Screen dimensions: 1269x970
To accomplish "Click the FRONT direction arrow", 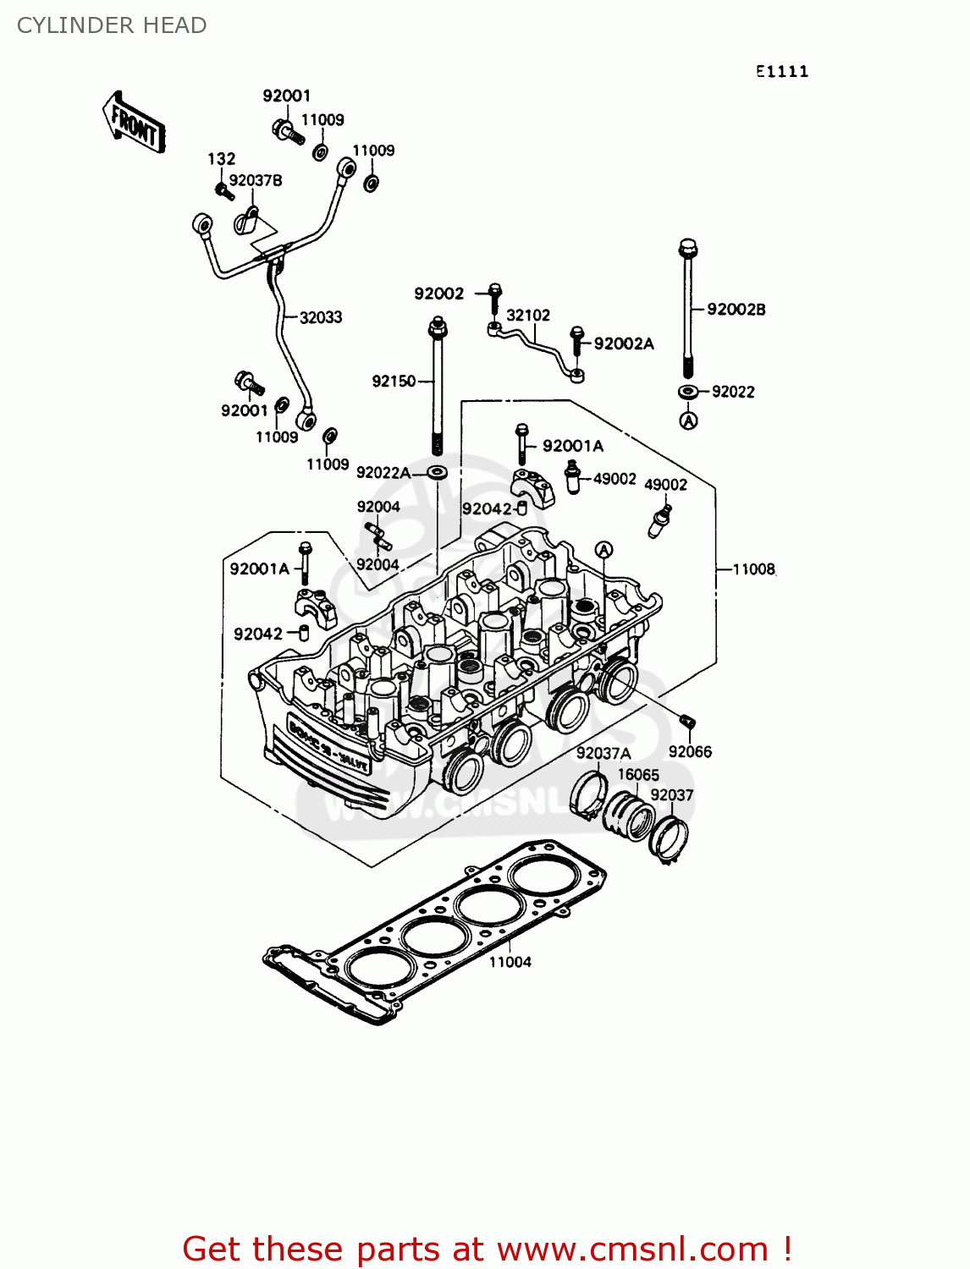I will (134, 123).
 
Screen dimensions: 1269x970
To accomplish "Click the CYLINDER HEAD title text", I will (112, 25).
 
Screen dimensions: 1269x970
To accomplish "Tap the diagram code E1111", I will (782, 72).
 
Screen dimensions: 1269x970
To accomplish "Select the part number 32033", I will (321, 317).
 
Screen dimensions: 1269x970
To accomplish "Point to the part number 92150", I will (394, 382).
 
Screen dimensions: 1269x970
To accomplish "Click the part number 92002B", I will (736, 310).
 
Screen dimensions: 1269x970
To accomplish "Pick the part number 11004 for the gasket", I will (510, 962).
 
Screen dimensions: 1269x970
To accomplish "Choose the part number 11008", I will (753, 569).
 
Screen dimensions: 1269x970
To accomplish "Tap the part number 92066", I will (690, 752).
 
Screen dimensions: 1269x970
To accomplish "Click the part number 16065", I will (638, 775).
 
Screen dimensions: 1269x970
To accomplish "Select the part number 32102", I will (528, 316).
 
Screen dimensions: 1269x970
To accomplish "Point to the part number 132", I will (222, 159).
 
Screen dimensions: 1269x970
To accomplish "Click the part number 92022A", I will (383, 473).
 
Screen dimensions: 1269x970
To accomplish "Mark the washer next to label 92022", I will (689, 392).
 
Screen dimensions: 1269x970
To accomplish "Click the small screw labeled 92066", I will (687, 721).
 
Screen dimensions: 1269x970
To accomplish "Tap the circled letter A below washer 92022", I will (689, 420).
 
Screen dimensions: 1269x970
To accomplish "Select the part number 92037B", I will (256, 180).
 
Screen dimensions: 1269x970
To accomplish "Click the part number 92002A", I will (624, 343).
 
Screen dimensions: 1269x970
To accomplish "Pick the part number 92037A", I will (603, 754).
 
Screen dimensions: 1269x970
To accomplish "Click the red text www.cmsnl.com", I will (632, 1250).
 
